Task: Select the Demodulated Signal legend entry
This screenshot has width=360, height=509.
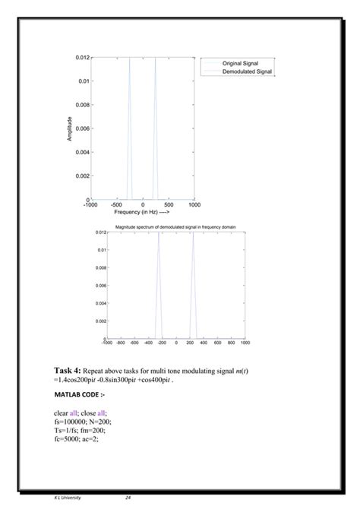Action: click(248, 71)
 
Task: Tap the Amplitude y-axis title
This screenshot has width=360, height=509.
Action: click(70, 128)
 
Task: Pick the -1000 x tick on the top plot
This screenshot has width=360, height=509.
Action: click(90, 205)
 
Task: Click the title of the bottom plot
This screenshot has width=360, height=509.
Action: click(176, 227)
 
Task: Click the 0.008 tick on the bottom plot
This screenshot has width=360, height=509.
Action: click(100, 267)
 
